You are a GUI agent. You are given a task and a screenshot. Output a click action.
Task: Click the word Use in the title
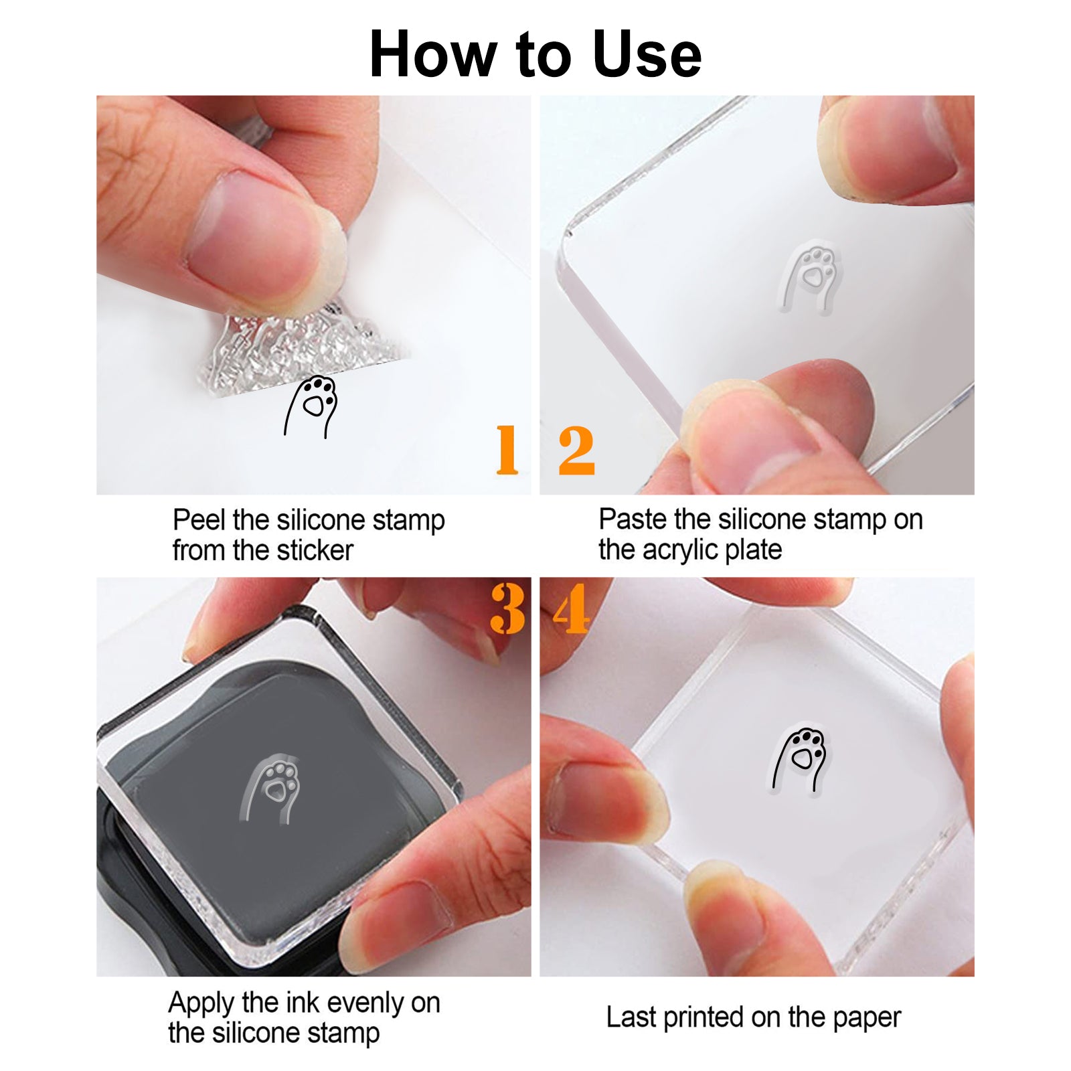click(x=647, y=54)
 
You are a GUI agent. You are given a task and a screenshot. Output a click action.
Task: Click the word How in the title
click(x=435, y=54)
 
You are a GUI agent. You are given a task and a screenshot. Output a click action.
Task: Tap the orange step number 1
click(x=507, y=450)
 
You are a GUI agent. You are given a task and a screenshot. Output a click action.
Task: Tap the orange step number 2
click(x=576, y=450)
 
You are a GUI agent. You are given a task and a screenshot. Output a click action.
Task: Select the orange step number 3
click(x=508, y=608)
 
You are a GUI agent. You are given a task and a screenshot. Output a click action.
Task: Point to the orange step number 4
click(x=572, y=608)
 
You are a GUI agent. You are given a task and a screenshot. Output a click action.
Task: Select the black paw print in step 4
click(x=801, y=760)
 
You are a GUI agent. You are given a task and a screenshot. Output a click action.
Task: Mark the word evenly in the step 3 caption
click(x=365, y=1004)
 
